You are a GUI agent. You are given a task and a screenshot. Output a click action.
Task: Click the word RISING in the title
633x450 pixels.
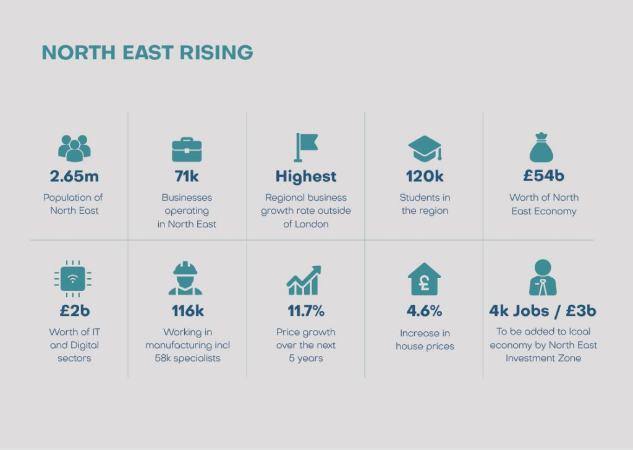[x=216, y=53]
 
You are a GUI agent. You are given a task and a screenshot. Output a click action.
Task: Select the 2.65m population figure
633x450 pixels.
[x=74, y=176]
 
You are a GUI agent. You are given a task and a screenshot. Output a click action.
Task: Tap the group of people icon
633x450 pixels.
[x=74, y=148]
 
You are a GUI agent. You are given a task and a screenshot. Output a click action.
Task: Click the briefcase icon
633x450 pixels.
[x=187, y=150]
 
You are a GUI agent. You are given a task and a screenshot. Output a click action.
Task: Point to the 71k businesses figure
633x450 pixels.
[x=187, y=176]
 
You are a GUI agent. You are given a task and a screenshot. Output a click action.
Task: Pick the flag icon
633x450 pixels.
[x=306, y=147]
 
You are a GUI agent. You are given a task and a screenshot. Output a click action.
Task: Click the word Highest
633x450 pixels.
[x=306, y=177]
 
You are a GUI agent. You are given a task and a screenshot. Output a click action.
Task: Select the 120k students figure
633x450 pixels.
[x=425, y=176]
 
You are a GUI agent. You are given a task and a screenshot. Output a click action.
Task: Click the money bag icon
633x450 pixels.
[x=542, y=147]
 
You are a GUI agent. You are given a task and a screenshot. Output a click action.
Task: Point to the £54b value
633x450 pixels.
[x=544, y=176]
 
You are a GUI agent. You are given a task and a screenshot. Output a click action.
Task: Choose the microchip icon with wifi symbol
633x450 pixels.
[x=73, y=279]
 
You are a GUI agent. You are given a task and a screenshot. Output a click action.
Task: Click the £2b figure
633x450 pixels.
[x=75, y=311]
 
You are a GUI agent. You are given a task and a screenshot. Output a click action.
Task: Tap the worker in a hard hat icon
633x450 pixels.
[x=185, y=278]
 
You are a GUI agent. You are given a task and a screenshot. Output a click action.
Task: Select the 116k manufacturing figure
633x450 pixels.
[x=188, y=311]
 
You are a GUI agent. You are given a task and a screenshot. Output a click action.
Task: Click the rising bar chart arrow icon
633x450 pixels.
[x=304, y=280]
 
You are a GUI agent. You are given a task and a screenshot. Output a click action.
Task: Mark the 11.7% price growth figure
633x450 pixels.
[x=306, y=311]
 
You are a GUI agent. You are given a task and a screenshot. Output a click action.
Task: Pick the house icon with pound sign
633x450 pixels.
[x=424, y=279]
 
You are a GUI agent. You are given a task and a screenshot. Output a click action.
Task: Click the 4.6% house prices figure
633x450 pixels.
[x=424, y=311]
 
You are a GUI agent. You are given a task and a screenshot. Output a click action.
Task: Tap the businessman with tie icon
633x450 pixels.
[x=543, y=278]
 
